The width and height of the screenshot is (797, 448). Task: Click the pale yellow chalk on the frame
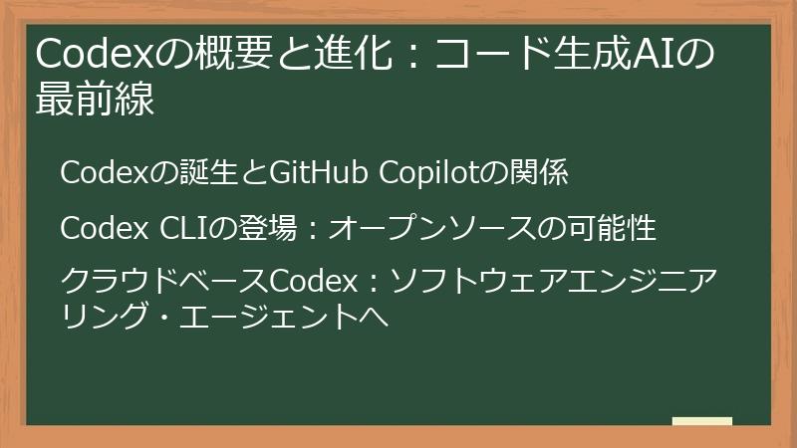click(x=701, y=421)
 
